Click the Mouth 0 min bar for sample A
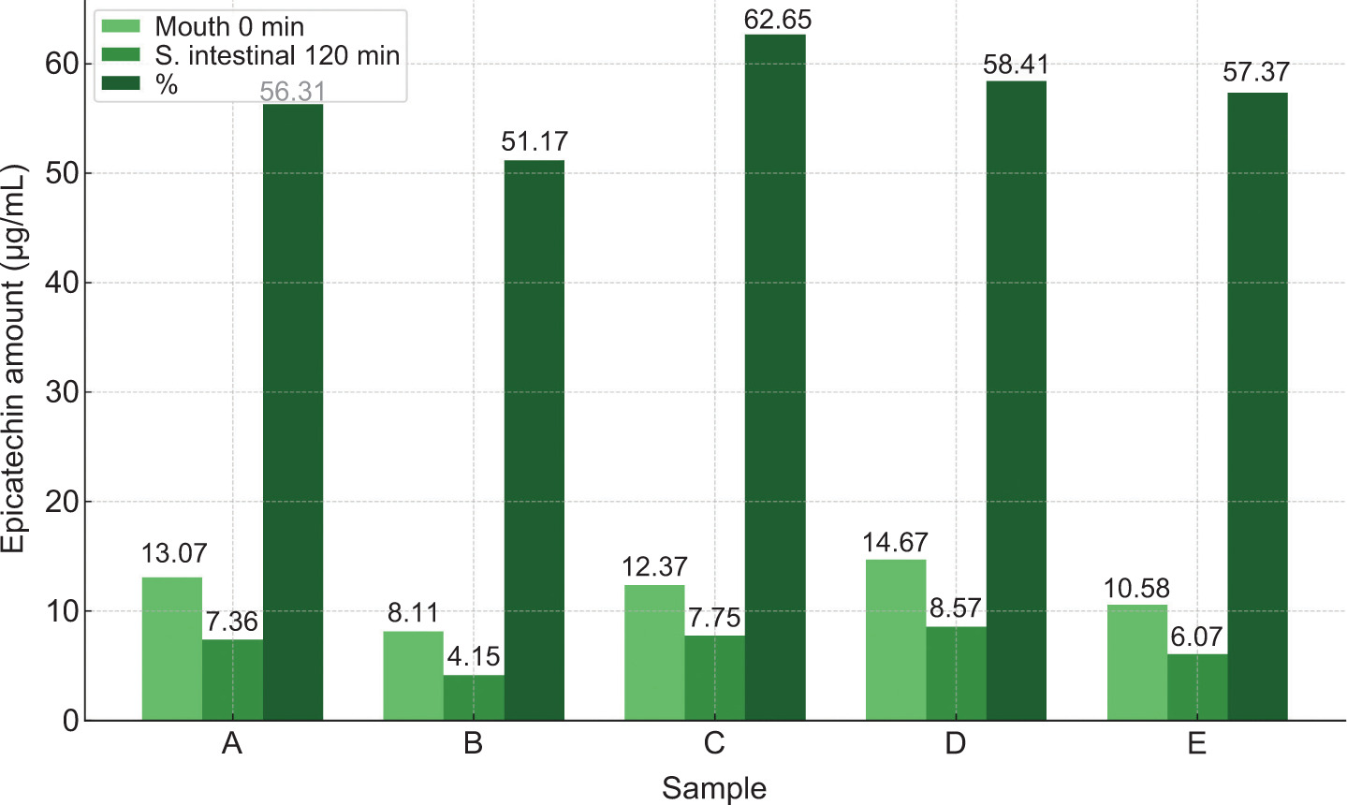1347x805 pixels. coord(172,649)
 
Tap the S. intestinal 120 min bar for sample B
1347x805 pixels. coord(474,697)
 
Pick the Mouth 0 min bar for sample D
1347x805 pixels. coord(896,640)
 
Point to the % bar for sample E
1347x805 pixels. coord(1257,406)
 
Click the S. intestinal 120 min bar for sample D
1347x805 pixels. coord(956,673)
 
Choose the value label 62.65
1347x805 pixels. coord(777,20)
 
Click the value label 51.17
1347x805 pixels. coord(534,142)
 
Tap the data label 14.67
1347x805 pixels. coord(896,543)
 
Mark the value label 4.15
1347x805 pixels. coord(474,657)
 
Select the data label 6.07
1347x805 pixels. coord(1196,637)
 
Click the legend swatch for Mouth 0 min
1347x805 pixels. coord(120,26)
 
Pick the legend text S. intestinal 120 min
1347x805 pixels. coord(277,56)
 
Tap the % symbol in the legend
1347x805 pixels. coord(167,85)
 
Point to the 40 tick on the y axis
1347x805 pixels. coord(58,283)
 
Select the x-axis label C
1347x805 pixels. coord(714,744)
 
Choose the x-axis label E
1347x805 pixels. coord(1196,744)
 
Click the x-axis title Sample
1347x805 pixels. coord(714,788)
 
